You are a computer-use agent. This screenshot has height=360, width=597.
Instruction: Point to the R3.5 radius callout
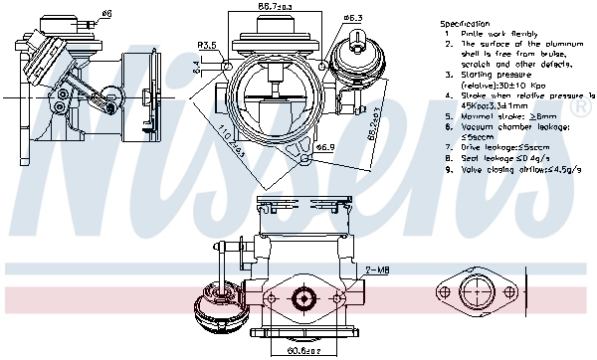[x=207, y=45]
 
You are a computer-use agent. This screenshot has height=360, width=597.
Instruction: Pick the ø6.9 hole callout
[x=325, y=147]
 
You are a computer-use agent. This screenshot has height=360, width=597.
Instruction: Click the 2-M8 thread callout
[x=377, y=270]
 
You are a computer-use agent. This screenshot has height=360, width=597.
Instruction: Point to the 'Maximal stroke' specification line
[x=507, y=115]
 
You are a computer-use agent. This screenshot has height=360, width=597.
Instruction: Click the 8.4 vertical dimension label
[x=195, y=67]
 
